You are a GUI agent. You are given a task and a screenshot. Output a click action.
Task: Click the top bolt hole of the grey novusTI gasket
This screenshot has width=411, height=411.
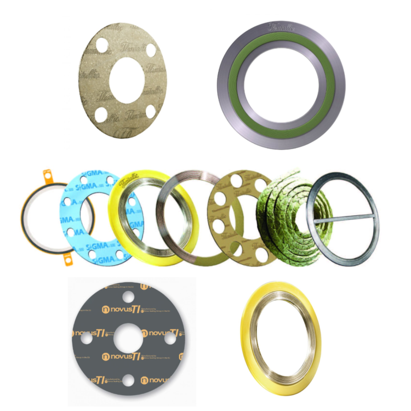128,297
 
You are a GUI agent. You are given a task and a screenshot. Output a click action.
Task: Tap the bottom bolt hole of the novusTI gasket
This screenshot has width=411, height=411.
128,379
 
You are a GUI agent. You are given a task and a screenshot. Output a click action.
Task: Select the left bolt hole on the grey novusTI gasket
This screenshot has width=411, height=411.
87,339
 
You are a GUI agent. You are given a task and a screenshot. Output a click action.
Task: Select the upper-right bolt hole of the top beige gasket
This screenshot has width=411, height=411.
151,50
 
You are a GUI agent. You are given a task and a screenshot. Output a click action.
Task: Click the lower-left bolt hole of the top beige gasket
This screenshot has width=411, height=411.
101,114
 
